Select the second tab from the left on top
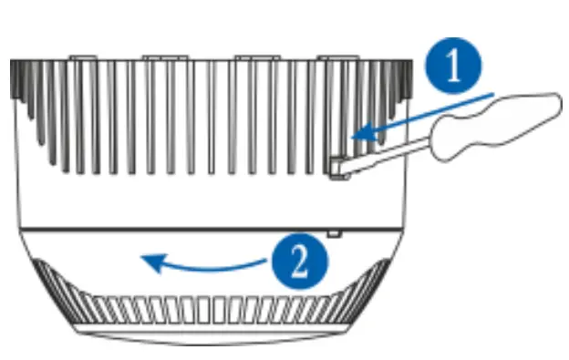coord(163,57)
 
